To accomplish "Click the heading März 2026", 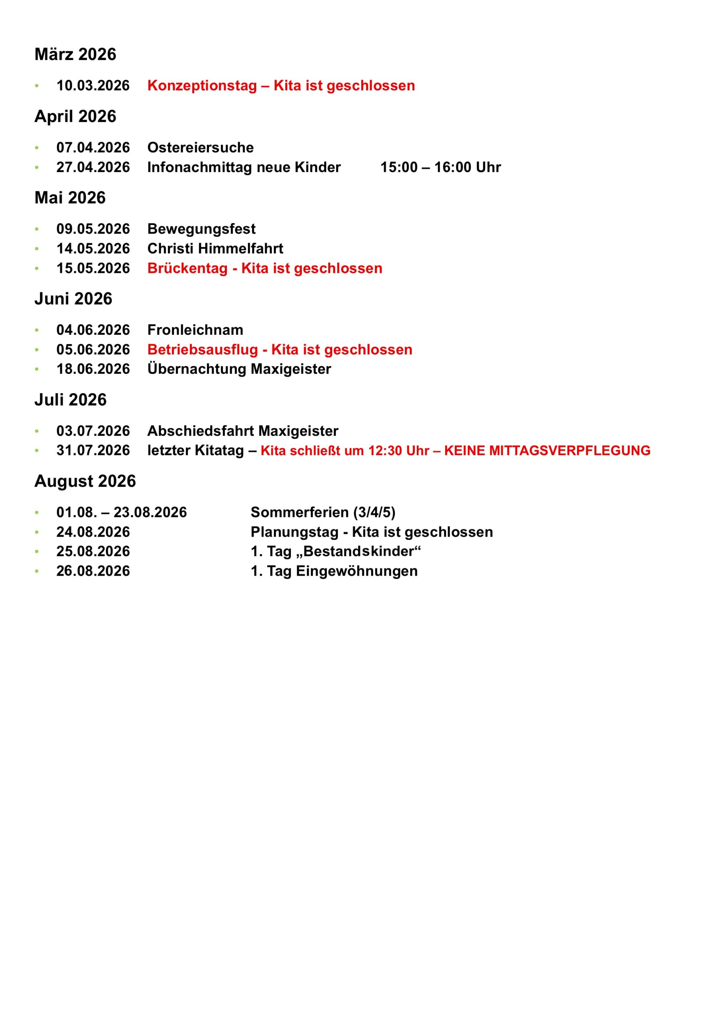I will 75,54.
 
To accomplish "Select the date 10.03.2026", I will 93,86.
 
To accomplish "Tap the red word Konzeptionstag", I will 202,86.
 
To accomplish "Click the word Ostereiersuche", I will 200,148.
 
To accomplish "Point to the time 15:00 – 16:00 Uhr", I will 440,167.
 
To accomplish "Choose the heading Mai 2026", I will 70,198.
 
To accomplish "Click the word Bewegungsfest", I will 201,229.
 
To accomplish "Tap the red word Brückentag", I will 187,269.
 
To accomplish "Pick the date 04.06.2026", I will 93,330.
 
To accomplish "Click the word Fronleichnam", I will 195,330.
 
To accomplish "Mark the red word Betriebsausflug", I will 202,350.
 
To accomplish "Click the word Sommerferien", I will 299,512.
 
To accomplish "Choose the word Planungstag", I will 294,532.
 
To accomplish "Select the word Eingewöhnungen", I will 357,572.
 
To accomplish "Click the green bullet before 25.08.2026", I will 37,552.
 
